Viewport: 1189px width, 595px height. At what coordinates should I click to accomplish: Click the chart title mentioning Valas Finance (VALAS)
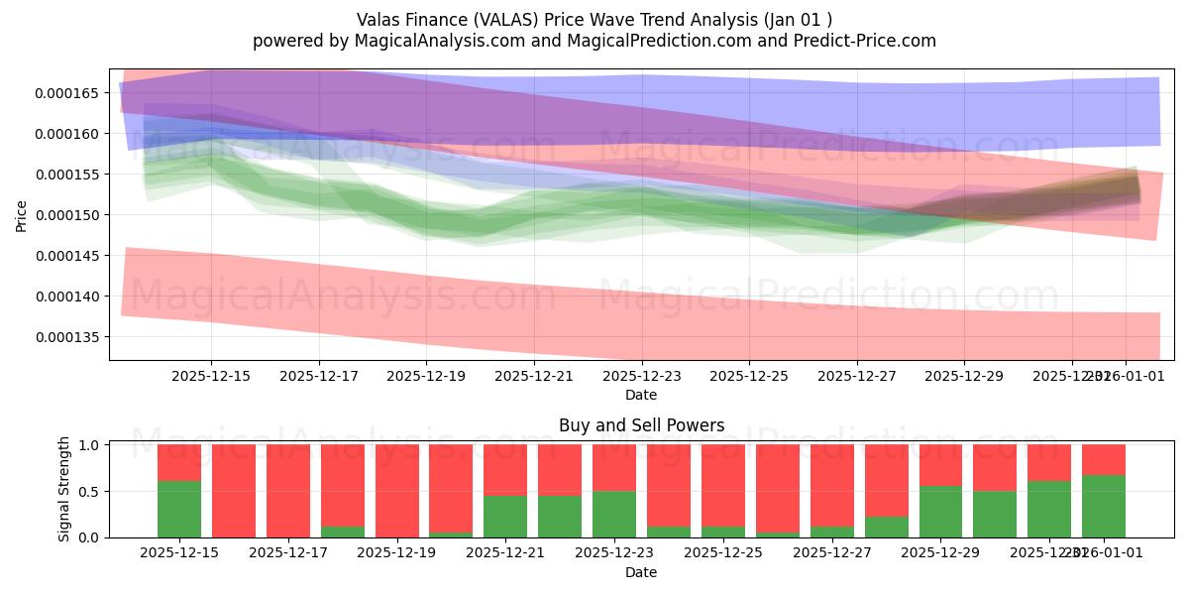point(594,19)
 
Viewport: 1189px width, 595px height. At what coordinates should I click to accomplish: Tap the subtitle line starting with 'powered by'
point(594,41)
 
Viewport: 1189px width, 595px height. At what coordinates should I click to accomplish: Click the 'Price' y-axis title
point(22,215)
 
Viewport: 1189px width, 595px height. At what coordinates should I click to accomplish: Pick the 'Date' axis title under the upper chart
point(641,395)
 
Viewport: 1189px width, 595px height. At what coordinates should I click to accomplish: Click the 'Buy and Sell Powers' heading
point(641,425)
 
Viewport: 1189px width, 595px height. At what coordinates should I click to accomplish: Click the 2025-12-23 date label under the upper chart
point(641,376)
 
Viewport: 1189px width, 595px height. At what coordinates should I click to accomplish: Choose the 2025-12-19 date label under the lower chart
point(396,552)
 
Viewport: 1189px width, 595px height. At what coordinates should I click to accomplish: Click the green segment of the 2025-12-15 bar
point(179,509)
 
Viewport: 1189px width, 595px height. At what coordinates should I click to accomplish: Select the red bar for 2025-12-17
point(287,491)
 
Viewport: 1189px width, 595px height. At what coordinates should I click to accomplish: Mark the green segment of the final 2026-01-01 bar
point(1103,506)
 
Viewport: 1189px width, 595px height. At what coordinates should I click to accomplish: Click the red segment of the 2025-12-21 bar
point(504,470)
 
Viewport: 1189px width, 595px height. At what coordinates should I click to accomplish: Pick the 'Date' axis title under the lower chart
point(641,572)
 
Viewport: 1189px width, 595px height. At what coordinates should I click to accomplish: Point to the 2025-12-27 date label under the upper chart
point(856,376)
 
